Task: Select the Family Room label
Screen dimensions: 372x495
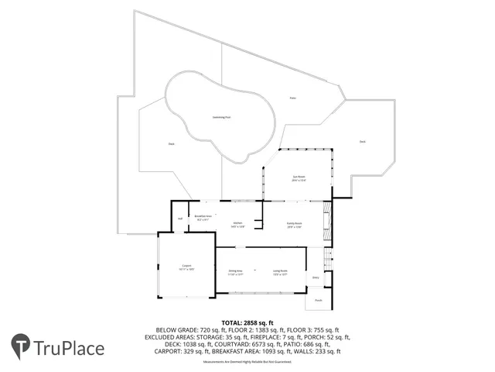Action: [294, 224]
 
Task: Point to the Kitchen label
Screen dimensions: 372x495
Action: [237, 224]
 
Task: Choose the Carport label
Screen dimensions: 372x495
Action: [186, 267]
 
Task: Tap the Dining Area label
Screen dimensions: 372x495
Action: [235, 272]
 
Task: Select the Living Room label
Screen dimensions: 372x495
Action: [280, 272]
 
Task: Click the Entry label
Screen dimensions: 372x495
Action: [316, 277]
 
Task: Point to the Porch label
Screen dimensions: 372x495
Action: [319, 301]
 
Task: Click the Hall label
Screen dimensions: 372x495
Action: [179, 219]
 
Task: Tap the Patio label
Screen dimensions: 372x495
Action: [292, 98]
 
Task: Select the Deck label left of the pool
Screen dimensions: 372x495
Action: [171, 144]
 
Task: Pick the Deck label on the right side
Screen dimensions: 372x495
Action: [362, 141]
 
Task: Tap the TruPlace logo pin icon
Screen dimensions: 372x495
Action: [21, 347]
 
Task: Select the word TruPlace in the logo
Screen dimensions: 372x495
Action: [69, 348]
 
